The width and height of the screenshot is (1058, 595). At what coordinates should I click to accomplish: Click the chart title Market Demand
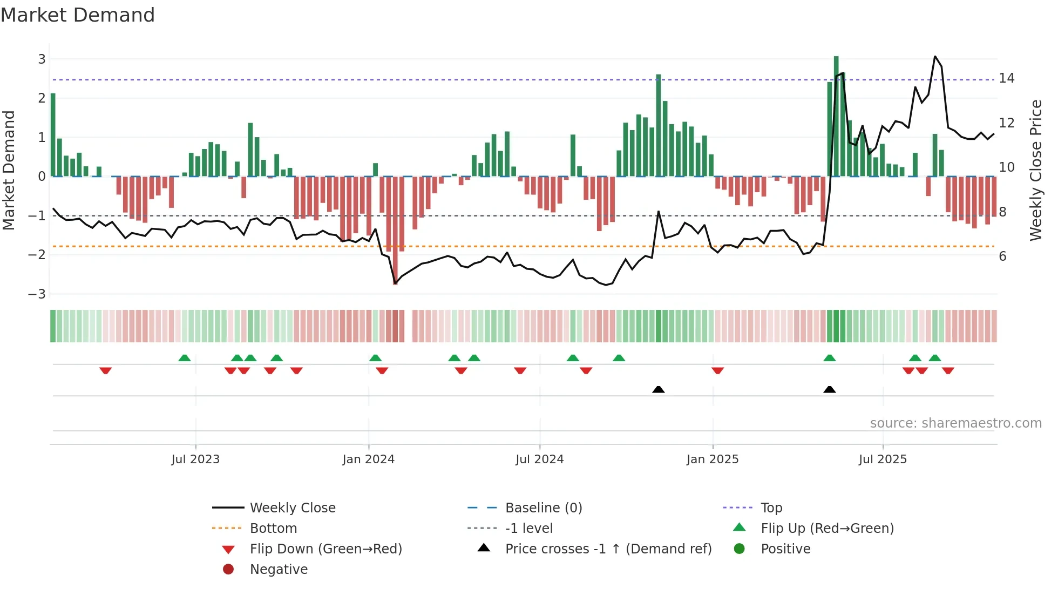78,15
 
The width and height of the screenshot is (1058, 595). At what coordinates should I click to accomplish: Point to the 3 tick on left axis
42,59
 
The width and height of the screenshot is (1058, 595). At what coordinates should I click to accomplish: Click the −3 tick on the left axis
38,294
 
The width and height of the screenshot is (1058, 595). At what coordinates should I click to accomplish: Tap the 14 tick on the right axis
1006,78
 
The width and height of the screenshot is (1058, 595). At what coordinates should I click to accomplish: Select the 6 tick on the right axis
1002,256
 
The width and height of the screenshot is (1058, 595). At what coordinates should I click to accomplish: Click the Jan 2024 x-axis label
368,459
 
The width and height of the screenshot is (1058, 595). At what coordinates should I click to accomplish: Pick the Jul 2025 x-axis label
883,459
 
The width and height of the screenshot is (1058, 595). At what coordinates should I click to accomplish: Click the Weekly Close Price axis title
1035,170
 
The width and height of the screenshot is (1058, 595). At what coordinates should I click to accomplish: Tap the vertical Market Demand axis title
9,170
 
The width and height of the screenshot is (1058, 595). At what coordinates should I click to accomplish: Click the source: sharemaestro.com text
955,423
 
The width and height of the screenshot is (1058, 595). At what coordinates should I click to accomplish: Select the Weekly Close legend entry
292,508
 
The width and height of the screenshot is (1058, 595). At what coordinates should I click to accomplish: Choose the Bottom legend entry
273,529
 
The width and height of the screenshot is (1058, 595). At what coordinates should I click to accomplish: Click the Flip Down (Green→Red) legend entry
325,549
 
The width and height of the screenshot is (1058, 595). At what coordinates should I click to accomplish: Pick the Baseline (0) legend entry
543,508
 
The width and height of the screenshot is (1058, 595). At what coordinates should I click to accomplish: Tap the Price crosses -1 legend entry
608,549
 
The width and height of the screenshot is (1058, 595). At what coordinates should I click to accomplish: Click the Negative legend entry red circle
228,570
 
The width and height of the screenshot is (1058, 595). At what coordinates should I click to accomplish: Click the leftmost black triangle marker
658,389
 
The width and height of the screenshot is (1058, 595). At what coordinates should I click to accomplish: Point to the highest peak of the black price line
935,57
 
